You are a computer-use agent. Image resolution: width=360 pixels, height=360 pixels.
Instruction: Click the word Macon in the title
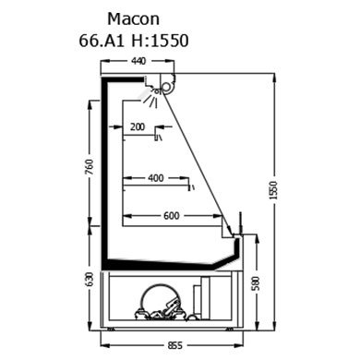[133, 19]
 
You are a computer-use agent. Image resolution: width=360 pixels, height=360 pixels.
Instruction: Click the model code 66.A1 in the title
[102, 41]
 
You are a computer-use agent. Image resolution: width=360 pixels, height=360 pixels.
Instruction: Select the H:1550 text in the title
[160, 41]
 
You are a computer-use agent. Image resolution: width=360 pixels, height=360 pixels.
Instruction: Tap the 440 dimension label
[138, 61]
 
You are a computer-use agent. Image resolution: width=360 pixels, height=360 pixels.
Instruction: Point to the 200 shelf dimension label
[138, 126]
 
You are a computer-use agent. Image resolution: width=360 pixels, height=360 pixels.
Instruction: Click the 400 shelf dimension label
[156, 178]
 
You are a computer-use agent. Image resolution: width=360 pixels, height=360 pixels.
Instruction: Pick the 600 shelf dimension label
[172, 216]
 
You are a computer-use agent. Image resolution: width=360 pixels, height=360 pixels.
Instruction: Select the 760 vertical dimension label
[90, 166]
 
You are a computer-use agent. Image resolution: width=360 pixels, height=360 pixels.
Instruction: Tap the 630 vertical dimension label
[90, 280]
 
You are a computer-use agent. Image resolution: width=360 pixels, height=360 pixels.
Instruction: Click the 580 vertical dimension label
[256, 283]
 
